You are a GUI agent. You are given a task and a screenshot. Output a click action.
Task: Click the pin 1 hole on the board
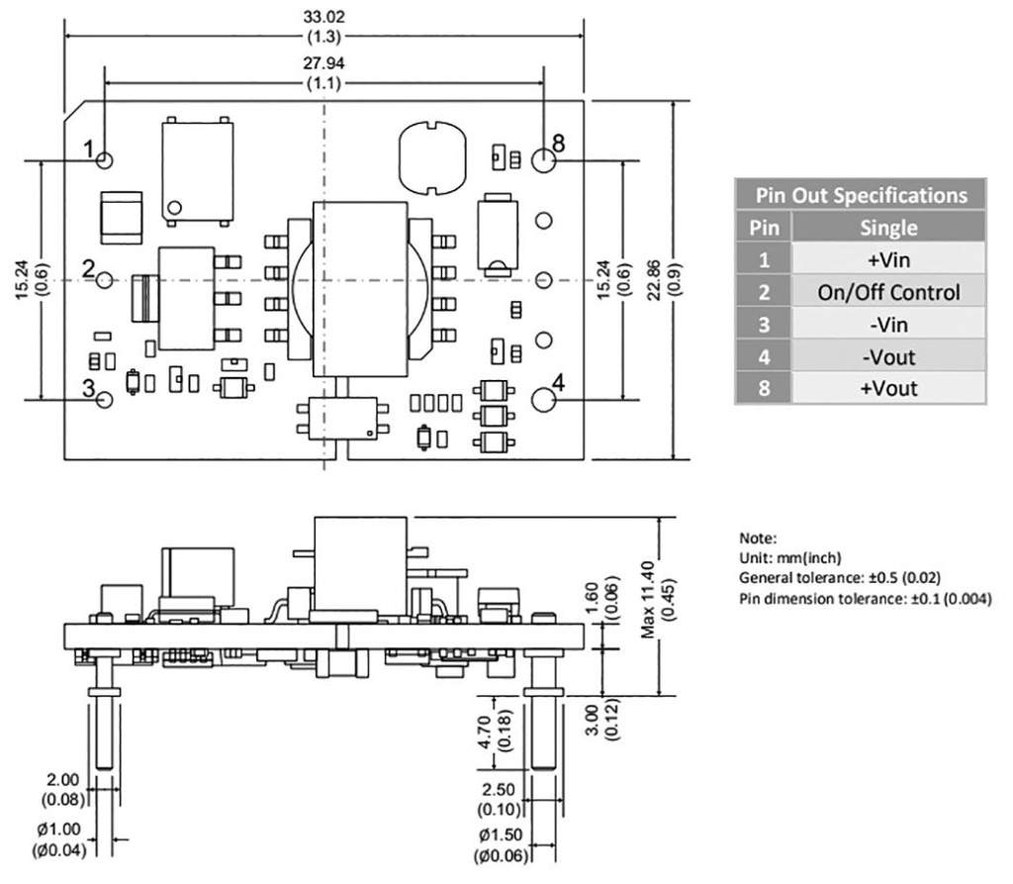(106, 159)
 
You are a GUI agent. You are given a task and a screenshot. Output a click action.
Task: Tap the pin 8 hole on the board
(543, 159)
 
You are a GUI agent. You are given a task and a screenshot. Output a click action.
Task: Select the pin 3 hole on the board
(106, 400)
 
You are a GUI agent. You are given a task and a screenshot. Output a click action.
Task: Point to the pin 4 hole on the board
(543, 400)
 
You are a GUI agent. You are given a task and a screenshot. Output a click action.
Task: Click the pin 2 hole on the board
(106, 280)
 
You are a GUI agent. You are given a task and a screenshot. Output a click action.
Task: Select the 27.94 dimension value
(324, 63)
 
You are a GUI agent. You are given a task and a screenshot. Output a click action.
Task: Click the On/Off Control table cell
(888, 292)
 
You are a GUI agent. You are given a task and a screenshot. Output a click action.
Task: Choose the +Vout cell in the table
(888, 387)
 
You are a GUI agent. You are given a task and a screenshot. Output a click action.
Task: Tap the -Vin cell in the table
(888, 324)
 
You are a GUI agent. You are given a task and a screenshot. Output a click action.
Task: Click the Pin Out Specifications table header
(861, 195)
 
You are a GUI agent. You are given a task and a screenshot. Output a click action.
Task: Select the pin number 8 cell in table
(763, 387)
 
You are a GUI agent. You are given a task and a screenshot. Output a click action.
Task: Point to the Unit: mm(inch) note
(787, 558)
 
